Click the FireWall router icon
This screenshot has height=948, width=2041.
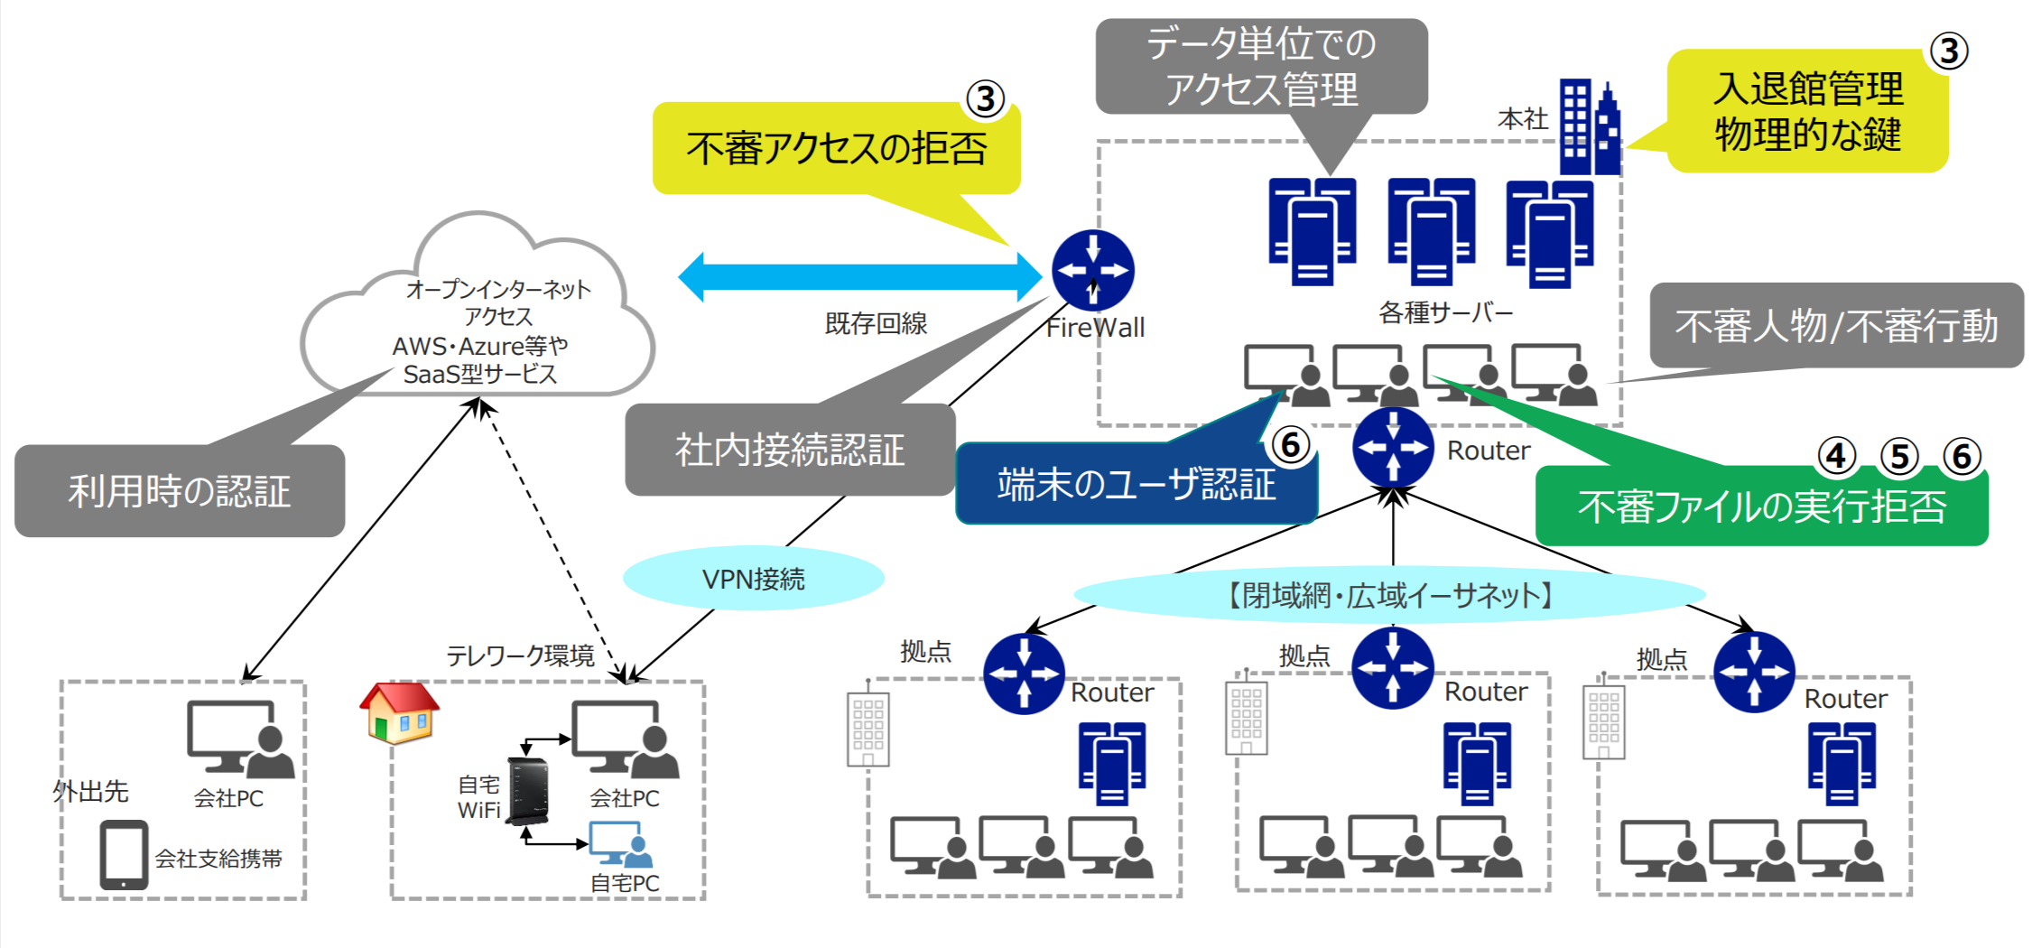[1092, 270]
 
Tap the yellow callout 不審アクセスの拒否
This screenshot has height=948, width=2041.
[836, 149]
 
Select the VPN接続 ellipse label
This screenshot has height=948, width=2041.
[753, 579]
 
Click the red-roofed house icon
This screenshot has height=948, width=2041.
[399, 711]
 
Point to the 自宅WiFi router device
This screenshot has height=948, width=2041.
[528, 791]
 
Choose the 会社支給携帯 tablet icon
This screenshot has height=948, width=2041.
[124, 854]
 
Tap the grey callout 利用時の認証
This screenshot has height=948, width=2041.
[180, 491]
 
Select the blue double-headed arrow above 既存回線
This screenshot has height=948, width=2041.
[860, 277]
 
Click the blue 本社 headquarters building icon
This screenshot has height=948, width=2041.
[1590, 128]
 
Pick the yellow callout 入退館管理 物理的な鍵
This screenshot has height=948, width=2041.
[1807, 112]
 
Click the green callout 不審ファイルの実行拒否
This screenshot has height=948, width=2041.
[1761, 507]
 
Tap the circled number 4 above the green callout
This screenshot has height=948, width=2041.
[1836, 457]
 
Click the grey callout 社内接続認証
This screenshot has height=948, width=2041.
[790, 450]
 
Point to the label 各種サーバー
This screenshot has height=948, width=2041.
[1445, 312]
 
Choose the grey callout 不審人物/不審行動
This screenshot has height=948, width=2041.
[1836, 326]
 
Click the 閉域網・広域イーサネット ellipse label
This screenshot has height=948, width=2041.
[1389, 595]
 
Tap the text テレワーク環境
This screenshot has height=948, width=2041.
[520, 655]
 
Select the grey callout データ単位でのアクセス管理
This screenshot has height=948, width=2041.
[1261, 67]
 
